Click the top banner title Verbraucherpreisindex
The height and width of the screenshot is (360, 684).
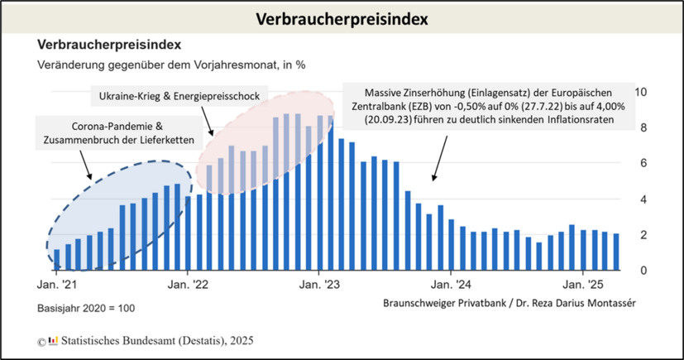pyautogui.click(x=342, y=18)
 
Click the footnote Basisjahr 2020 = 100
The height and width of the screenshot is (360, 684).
pyautogui.click(x=85, y=309)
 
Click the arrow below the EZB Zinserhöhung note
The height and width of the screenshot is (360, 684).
pyautogui.click(x=439, y=156)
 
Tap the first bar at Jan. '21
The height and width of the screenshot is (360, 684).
pyautogui.click(x=56, y=259)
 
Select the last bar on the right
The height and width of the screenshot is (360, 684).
pyautogui.click(x=615, y=252)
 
